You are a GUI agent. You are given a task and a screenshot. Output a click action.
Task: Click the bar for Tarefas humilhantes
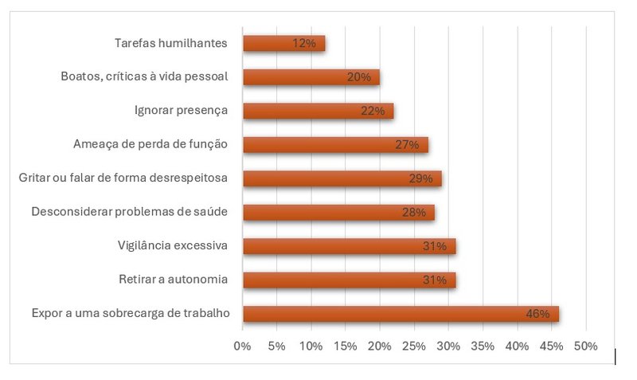click(283, 44)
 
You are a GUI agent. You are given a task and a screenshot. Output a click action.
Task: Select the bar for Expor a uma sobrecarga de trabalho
click(401, 314)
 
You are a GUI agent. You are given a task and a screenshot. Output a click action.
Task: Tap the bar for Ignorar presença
click(318, 111)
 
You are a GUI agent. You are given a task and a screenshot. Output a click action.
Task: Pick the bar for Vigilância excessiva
click(349, 246)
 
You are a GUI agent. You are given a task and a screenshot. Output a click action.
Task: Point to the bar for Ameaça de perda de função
click(335, 145)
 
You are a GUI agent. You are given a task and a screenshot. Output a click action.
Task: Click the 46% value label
click(537, 314)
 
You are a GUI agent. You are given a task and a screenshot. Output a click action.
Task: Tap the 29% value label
click(420, 179)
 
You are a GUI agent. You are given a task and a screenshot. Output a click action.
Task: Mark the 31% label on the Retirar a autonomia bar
click(434, 280)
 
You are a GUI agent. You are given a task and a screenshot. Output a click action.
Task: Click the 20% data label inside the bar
click(359, 78)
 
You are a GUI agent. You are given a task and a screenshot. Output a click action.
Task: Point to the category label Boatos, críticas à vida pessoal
click(145, 76)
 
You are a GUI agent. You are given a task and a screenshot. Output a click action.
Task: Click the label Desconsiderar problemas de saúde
click(130, 212)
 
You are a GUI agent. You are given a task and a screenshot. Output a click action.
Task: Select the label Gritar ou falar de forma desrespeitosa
click(123, 178)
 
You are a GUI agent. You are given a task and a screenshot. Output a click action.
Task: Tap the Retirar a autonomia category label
click(173, 280)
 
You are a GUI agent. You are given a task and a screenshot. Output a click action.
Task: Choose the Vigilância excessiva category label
click(172, 245)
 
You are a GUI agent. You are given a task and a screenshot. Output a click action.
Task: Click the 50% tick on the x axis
click(585, 346)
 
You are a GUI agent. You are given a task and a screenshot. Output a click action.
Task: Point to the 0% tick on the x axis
click(242, 346)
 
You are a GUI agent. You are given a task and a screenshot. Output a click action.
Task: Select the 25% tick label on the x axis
click(413, 346)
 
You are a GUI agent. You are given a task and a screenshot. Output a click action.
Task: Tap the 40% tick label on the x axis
click(517, 346)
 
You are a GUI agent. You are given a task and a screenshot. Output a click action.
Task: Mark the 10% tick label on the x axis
click(311, 346)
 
